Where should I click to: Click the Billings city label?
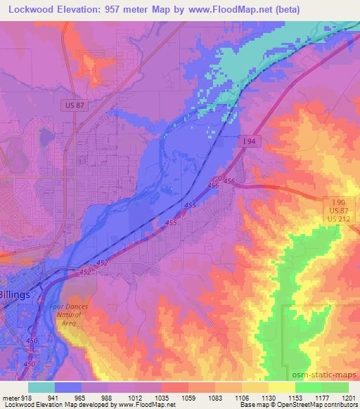pos(15,294)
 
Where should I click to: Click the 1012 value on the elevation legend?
pos(144,398)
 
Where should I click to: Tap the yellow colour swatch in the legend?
pos(281,387)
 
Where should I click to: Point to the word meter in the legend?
pos(10,398)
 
